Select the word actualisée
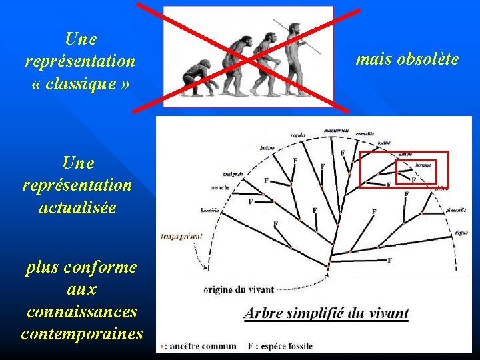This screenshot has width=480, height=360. pos(77,207)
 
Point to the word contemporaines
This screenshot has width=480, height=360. pos(82,333)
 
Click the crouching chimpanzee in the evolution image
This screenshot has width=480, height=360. pos(198,78)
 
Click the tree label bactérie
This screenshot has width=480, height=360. pos(210,211)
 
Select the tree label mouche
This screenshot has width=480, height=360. pos(221,188)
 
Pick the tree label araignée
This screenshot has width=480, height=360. pos(233,174)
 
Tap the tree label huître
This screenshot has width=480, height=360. pos(267,147)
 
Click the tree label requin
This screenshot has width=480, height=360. pos(298,134)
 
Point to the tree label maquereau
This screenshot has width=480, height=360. pos(337,129)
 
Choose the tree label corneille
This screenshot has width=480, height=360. pos(365,134)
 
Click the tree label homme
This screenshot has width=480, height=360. pos(423,165)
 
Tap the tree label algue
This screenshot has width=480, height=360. pos(461,233)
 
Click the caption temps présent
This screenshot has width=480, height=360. pos(181,236)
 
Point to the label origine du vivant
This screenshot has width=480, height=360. pos(238,289)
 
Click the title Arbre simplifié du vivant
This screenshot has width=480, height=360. pos(326,313)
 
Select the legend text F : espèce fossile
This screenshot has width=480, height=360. pos(279,346)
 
